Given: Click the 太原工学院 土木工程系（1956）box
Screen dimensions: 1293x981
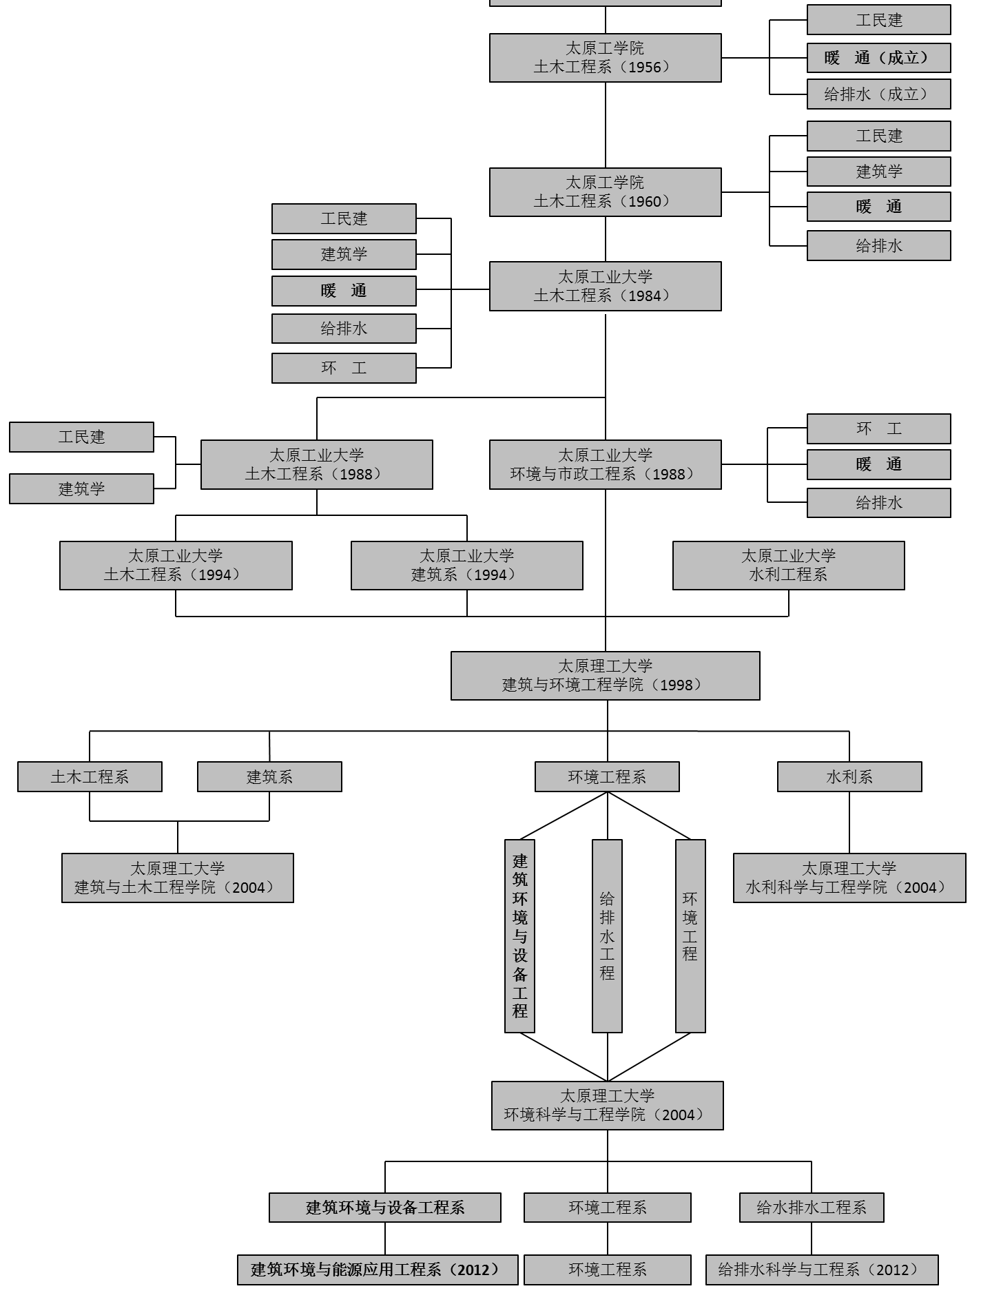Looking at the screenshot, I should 605,58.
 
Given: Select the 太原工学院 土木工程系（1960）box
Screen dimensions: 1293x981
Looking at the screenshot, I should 605,192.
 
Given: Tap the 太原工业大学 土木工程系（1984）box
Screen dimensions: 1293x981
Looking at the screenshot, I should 605,286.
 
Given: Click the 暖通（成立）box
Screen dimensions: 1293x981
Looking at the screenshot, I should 878,58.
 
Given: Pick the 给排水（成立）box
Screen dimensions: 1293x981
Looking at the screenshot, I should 878,94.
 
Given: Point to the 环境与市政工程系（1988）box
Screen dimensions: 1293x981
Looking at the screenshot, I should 605,465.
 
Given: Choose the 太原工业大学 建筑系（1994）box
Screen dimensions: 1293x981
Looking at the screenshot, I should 466,566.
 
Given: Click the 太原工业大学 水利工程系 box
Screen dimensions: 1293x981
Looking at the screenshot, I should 788,566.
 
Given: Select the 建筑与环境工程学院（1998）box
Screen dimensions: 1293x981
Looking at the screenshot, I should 605,676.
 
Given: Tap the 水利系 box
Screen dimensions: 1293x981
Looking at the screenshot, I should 849,777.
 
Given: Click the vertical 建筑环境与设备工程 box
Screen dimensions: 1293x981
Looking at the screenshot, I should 519,935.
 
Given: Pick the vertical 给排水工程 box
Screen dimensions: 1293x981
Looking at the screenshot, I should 607,935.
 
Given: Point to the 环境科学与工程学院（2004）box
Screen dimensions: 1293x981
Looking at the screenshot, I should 607,1106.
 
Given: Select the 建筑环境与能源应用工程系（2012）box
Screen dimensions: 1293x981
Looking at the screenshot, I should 378,1270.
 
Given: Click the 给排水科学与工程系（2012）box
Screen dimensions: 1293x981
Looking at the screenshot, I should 821,1270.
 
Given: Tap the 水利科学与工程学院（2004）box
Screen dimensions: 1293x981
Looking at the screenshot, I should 849,878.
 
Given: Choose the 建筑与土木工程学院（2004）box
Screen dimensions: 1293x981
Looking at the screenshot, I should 177,878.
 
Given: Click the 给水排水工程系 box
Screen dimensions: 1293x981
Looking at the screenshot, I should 811,1208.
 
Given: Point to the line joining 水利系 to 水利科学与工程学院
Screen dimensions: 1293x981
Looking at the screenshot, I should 849,823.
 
